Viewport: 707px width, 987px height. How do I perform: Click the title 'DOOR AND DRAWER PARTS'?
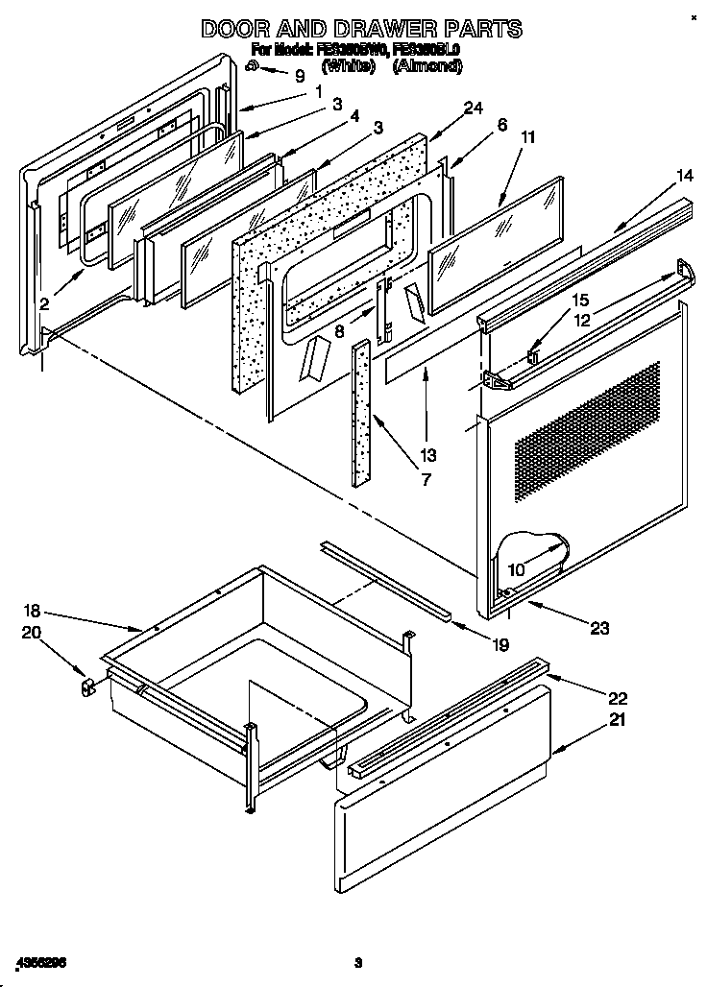click(x=361, y=30)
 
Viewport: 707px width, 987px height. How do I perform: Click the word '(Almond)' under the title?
click(x=427, y=66)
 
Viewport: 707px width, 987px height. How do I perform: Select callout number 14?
click(x=656, y=175)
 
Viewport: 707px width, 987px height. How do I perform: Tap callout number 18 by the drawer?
click(x=32, y=611)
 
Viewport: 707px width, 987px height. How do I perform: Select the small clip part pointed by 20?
click(x=87, y=686)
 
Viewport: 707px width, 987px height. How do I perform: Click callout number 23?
click(x=599, y=629)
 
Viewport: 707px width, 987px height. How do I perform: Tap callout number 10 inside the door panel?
click(x=516, y=569)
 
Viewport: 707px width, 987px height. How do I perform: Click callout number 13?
click(x=427, y=454)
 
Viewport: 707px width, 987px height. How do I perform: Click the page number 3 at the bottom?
click(x=357, y=962)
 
